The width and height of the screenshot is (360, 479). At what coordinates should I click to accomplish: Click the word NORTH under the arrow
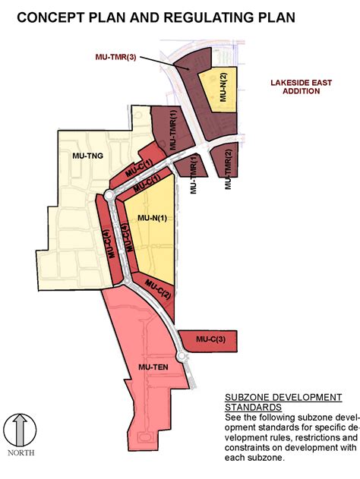point(20,453)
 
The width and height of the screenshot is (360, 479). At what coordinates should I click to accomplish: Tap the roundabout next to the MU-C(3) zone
point(182,355)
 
